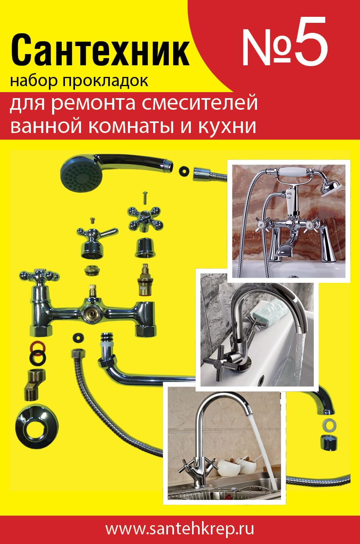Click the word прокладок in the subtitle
(105, 82)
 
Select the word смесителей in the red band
(199, 103)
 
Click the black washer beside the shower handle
(184, 171)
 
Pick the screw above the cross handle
(145, 197)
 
